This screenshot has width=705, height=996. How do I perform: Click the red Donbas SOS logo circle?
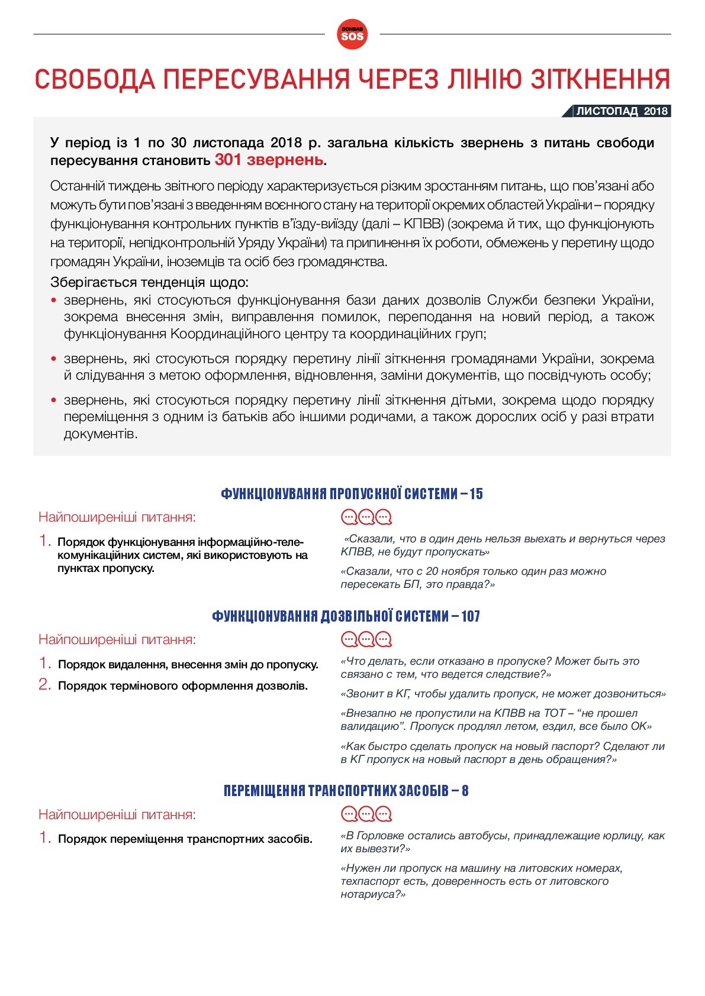[x=352, y=35]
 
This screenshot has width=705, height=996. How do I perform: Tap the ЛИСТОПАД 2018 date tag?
[x=622, y=111]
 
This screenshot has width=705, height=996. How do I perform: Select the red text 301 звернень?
[x=269, y=160]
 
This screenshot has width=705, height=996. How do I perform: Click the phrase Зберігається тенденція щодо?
[x=149, y=282]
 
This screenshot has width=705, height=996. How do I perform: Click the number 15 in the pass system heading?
[x=476, y=494]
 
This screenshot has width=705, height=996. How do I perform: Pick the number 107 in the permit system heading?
[x=471, y=616]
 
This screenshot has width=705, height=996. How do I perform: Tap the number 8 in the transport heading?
[x=465, y=791]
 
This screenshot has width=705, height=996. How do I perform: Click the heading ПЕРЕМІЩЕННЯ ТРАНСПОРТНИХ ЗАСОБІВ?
[x=336, y=791]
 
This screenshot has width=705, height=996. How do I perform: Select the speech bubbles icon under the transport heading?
[x=366, y=814]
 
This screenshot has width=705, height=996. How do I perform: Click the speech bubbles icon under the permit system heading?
[x=366, y=639]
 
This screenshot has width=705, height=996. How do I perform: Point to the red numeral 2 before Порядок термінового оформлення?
[x=44, y=685]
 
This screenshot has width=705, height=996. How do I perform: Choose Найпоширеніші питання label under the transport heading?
[x=117, y=814]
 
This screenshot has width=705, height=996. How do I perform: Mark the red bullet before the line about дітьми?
[x=54, y=400]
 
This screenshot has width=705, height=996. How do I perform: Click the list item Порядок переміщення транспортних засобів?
[x=185, y=839]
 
